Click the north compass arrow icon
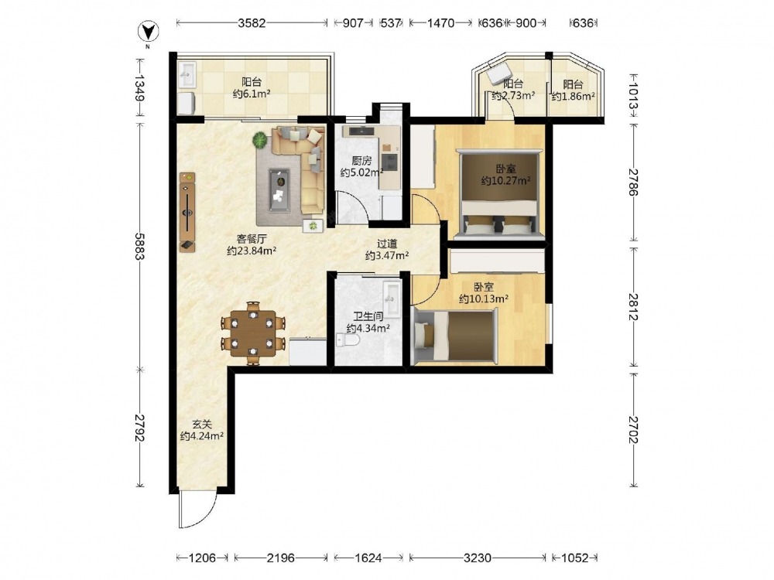point(148,32)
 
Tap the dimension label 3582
point(252,22)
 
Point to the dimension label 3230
point(478,558)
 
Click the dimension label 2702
point(634,429)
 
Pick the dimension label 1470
point(440,22)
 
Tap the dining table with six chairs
point(253,333)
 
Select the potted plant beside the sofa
point(259,141)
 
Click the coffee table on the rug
point(280,190)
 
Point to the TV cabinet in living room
point(187,212)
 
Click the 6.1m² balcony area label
point(252,94)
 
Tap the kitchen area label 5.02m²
point(361,172)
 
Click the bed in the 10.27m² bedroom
point(498,194)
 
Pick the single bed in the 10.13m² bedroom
point(454,336)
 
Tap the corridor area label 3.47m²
point(387,255)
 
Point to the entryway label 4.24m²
point(202,436)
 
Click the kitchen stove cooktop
point(390,162)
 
